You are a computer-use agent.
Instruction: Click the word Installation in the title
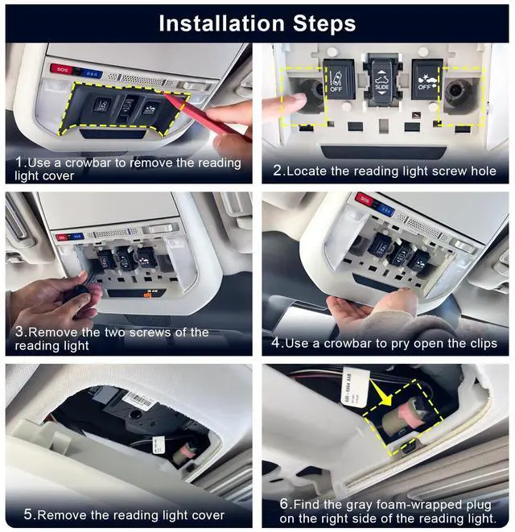tap(221, 23)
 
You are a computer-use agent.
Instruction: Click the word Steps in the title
tap(324, 24)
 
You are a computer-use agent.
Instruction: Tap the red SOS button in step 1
tap(62, 69)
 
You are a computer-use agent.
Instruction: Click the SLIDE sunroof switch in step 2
tap(381, 79)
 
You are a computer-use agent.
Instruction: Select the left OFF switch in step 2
tap(339, 79)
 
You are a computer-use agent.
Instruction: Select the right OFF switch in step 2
tap(426, 80)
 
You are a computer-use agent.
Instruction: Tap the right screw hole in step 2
tap(456, 91)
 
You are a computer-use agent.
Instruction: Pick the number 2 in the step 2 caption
tap(278, 171)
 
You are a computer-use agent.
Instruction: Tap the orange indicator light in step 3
tap(147, 294)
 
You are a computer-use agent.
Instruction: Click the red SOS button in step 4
tap(365, 199)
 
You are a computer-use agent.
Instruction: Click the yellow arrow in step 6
tap(381, 393)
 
